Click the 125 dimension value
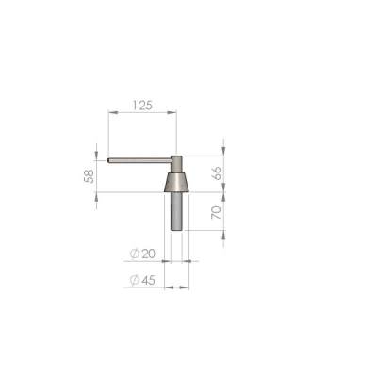[142, 106]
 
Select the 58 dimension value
[90, 176]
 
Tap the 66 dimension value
[217, 173]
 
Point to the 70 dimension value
[217, 213]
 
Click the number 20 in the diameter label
[149, 254]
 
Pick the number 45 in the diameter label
[148, 280]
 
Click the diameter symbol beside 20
[134, 254]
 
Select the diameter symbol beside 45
[134, 280]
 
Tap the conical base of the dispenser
[176, 182]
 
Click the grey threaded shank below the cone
[176, 211]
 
